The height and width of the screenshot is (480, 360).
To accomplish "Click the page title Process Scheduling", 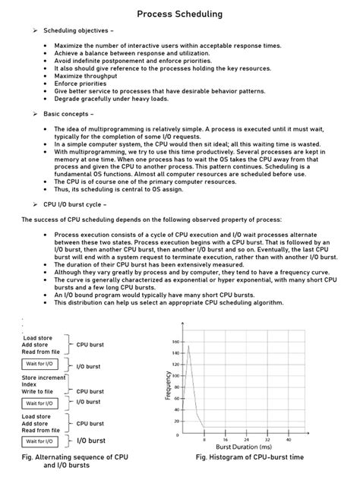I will pos(180,14).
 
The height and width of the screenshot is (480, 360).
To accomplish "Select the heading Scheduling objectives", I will pos(80,31).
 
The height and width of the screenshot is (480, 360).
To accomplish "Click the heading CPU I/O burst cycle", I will pos(81,205).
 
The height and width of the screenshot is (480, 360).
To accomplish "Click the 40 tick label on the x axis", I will pos(288,440).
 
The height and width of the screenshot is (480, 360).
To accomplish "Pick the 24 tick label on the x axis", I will pos(246,440).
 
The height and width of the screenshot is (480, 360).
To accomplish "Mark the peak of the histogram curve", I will pos(188,347).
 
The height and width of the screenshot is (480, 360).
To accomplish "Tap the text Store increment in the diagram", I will pos(44,377).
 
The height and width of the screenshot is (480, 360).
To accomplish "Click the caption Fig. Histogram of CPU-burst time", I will pos(250,457).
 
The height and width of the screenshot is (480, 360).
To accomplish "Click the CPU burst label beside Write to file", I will pos(90,392).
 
